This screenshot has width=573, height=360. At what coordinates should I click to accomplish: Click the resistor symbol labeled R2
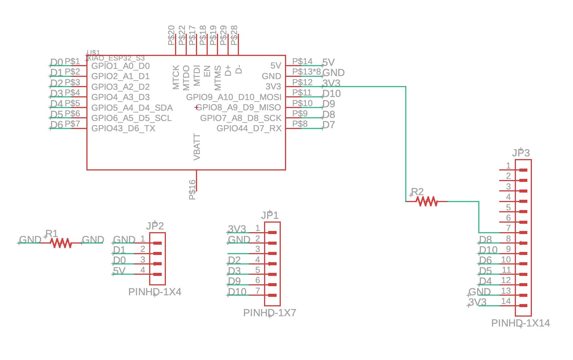click(x=427, y=201)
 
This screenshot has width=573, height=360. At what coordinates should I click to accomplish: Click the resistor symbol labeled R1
click(x=61, y=243)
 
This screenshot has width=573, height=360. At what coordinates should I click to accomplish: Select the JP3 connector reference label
click(x=520, y=153)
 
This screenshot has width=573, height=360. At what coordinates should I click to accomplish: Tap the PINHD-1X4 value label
click(x=154, y=292)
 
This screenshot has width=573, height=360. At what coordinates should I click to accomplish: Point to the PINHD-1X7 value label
click(x=269, y=313)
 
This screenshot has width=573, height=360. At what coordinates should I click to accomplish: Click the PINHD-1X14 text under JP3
click(x=520, y=323)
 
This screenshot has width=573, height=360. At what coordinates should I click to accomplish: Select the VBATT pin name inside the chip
click(x=197, y=147)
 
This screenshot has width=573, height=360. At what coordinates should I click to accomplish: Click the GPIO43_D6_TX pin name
click(x=123, y=128)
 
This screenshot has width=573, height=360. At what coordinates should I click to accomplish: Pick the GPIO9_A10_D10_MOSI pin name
click(x=234, y=97)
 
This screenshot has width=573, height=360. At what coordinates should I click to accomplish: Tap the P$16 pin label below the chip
click(x=193, y=190)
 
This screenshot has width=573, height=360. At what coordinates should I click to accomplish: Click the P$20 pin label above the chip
click(x=171, y=35)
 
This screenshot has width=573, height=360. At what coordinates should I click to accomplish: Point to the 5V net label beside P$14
click(x=328, y=62)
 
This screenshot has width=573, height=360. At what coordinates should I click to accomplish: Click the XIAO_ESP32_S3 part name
click(x=116, y=58)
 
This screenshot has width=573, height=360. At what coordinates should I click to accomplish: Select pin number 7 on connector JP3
click(x=508, y=228)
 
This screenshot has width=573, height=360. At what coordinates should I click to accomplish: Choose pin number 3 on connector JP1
click(x=258, y=249)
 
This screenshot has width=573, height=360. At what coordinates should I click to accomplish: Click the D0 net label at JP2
click(x=119, y=260)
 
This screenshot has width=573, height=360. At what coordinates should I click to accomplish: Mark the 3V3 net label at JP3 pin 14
click(x=477, y=302)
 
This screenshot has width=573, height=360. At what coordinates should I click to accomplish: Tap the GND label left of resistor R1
click(x=30, y=240)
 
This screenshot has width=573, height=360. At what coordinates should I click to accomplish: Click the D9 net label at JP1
click(x=234, y=281)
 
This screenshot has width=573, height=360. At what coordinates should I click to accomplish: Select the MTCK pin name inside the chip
click(x=176, y=77)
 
